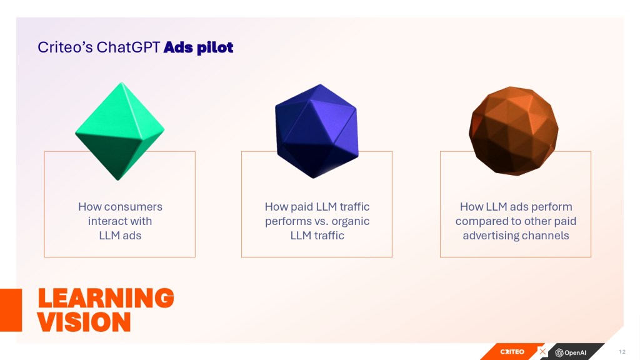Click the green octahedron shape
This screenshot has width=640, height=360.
(x=119, y=131)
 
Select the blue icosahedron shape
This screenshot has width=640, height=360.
(x=317, y=131)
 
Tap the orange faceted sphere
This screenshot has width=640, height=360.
(x=514, y=131)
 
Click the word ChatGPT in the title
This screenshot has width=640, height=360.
(x=128, y=47)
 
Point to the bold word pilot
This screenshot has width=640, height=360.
(x=215, y=47)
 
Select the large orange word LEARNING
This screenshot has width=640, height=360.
(x=106, y=298)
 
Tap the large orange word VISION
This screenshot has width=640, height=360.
(x=84, y=322)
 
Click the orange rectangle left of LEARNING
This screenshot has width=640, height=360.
(x=11, y=310)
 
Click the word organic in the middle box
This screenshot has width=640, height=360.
(x=350, y=222)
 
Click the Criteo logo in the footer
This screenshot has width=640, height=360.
(x=512, y=352)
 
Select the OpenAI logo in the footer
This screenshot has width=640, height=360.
(x=571, y=352)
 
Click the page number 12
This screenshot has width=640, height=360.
(x=622, y=352)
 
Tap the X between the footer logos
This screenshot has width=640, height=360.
(x=542, y=351)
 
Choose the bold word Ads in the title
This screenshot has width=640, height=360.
(x=178, y=47)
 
